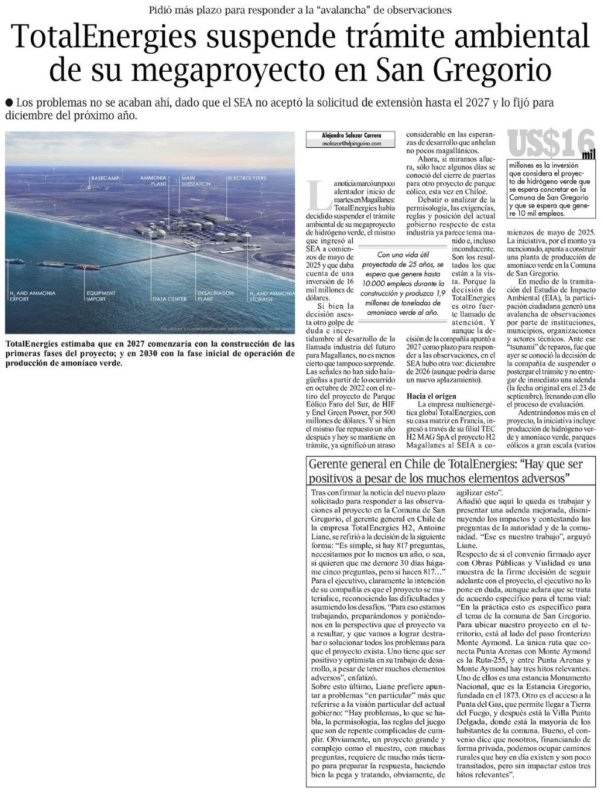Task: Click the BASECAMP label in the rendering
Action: (104, 179)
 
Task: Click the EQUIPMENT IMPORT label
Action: (100, 295)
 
